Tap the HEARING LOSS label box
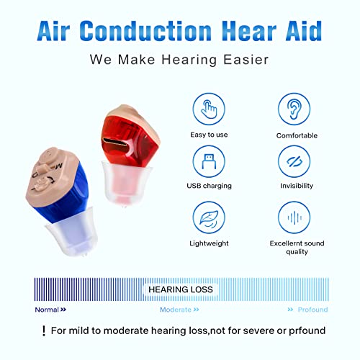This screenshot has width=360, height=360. tap(181, 289)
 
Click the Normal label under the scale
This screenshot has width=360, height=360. tap(50, 310)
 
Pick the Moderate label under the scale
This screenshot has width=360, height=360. tap(179, 310)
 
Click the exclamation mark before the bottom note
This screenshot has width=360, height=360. tap(44, 331)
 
